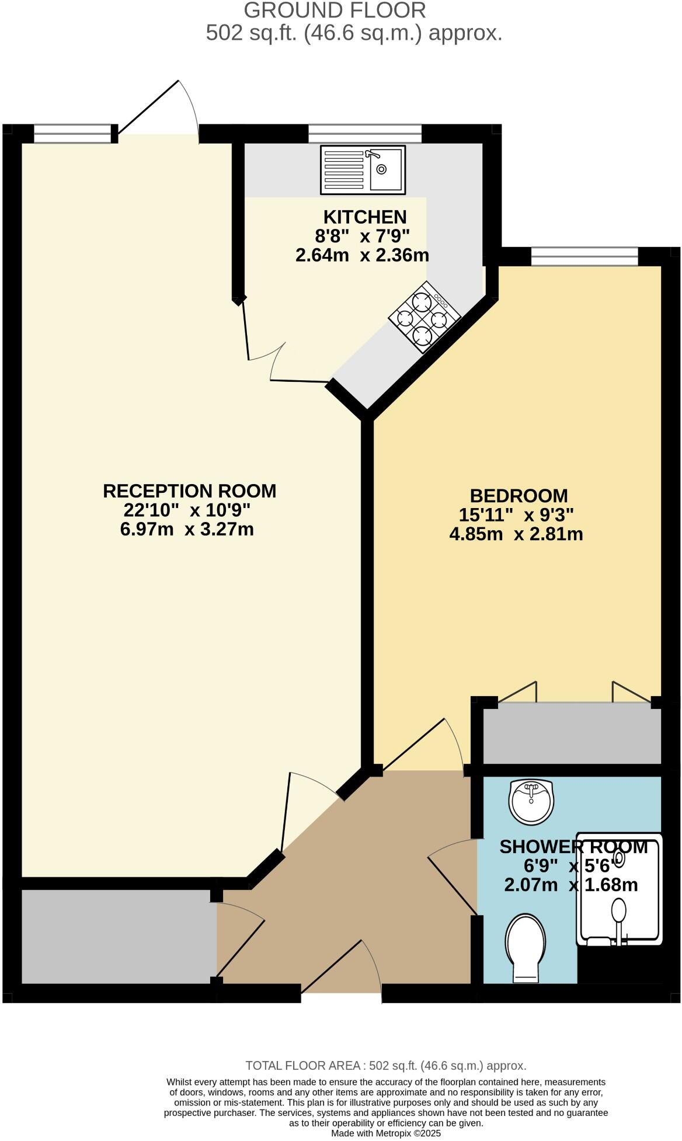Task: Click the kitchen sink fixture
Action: [363, 169]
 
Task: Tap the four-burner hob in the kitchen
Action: [424, 317]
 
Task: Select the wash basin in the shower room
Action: [531, 802]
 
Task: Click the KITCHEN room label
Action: [364, 217]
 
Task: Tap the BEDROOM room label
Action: [519, 495]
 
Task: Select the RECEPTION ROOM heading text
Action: [189, 491]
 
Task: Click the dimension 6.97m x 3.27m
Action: [187, 530]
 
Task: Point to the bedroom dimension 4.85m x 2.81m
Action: [516, 534]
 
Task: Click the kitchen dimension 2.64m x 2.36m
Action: [362, 255]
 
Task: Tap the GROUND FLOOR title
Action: [335, 11]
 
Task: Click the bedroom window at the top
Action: [584, 256]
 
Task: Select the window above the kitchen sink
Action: [364, 133]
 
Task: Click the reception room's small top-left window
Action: [72, 133]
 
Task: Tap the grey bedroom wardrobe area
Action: [572, 733]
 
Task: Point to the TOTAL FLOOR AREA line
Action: [385, 1066]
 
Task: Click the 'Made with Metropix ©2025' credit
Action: [385, 1133]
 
